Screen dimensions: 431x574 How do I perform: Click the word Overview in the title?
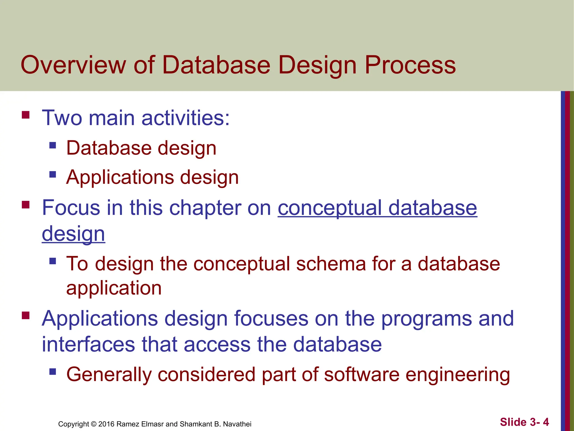pyautogui.click(x=73, y=65)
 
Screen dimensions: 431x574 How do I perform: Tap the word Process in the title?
pyautogui.click(x=410, y=65)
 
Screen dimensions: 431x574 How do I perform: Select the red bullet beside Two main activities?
pyautogui.click(x=26, y=115)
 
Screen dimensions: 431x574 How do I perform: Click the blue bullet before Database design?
pyautogui.click(x=52, y=145)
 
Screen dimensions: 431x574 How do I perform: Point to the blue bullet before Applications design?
pyautogui.click(x=52, y=175)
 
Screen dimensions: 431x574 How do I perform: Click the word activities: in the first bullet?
pyautogui.click(x=186, y=118)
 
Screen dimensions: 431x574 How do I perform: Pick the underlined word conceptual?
pyautogui.click(x=330, y=208)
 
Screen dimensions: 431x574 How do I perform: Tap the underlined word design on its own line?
pyautogui.click(x=73, y=234)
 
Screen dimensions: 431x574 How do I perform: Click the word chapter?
pyautogui.click(x=205, y=208)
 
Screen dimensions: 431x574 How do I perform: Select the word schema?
pyautogui.click(x=331, y=264)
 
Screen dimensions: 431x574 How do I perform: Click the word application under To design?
pyautogui.click(x=114, y=288)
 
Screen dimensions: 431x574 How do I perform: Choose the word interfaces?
pyautogui.click(x=88, y=345)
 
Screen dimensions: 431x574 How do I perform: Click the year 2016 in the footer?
pyautogui.click(x=106, y=424)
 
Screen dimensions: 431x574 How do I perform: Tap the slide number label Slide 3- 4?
pyautogui.click(x=524, y=422)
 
